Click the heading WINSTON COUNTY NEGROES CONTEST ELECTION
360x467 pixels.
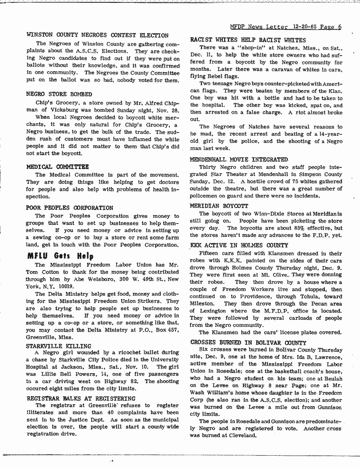pos(97,35)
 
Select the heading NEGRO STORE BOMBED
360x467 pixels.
pos(59,94)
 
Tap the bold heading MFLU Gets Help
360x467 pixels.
pos(60,256)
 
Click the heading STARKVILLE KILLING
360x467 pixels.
pos(59,346)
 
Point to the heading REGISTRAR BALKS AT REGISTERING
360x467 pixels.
pos(81,398)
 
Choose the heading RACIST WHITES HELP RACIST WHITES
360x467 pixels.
pos(248,40)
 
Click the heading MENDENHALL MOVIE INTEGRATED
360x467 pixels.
pos(239,160)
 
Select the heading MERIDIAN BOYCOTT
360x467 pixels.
pos(218,206)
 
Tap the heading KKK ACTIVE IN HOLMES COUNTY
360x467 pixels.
pos(239,245)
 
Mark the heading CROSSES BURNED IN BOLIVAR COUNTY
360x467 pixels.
pos(248,342)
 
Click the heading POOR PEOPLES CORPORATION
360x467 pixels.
pos(69,208)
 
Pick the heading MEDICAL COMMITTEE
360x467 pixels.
pos(57,167)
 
